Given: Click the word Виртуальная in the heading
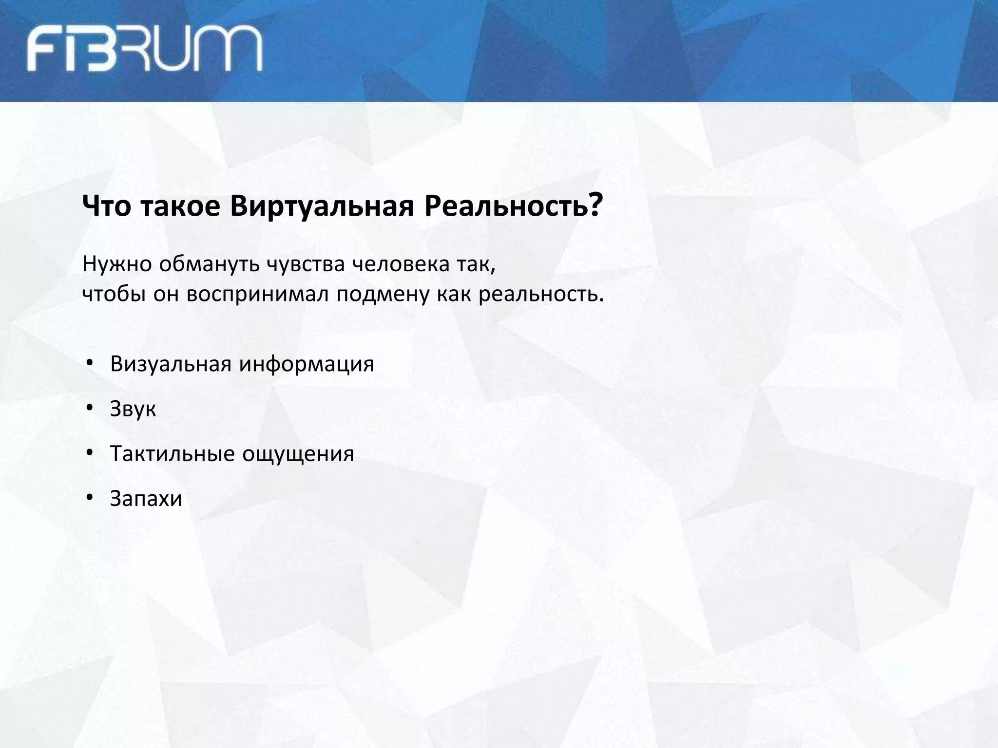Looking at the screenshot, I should [322, 206].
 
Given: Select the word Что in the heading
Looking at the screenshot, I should [106, 206].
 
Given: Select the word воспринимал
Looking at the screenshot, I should [258, 294].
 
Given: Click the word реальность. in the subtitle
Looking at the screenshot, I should [541, 294].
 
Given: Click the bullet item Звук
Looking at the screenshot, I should [133, 409].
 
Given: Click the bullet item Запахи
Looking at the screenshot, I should [146, 499].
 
